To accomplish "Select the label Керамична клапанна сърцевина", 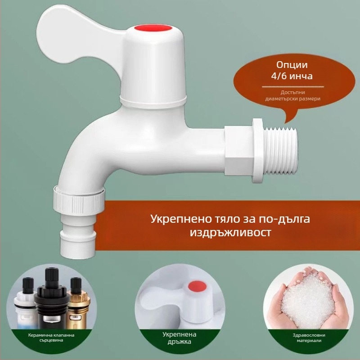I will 51,337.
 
